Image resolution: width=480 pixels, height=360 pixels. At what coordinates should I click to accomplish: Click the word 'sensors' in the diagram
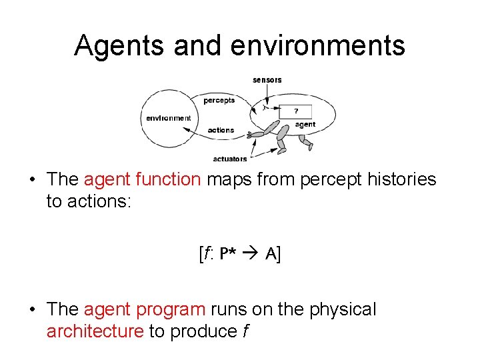tap(267, 80)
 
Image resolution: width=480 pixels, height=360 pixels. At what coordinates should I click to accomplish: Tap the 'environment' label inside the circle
tap(168, 118)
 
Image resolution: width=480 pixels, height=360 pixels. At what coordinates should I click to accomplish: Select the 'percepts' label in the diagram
tap(219, 101)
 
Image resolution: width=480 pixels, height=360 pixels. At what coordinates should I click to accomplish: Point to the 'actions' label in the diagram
tap(221, 130)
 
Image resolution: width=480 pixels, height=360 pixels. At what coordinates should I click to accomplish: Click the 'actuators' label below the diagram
tap(229, 159)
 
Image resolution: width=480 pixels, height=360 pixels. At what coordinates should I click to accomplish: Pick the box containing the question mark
tap(295, 111)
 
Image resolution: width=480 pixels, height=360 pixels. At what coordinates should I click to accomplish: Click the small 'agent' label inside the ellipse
tap(305, 124)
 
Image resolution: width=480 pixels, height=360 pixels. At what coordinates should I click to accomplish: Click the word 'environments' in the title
tap(318, 45)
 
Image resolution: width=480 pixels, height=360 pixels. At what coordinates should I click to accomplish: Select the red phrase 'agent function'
tap(142, 179)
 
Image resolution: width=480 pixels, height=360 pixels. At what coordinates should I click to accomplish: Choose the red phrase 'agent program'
tap(145, 309)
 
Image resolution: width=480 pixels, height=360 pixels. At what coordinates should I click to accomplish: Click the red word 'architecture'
tap(95, 331)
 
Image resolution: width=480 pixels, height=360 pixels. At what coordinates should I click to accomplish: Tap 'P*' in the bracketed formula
tap(227, 254)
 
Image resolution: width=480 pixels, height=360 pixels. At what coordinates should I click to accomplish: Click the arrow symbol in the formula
tap(251, 254)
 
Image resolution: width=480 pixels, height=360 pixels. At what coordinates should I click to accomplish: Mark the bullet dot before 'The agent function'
tap(32, 180)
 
